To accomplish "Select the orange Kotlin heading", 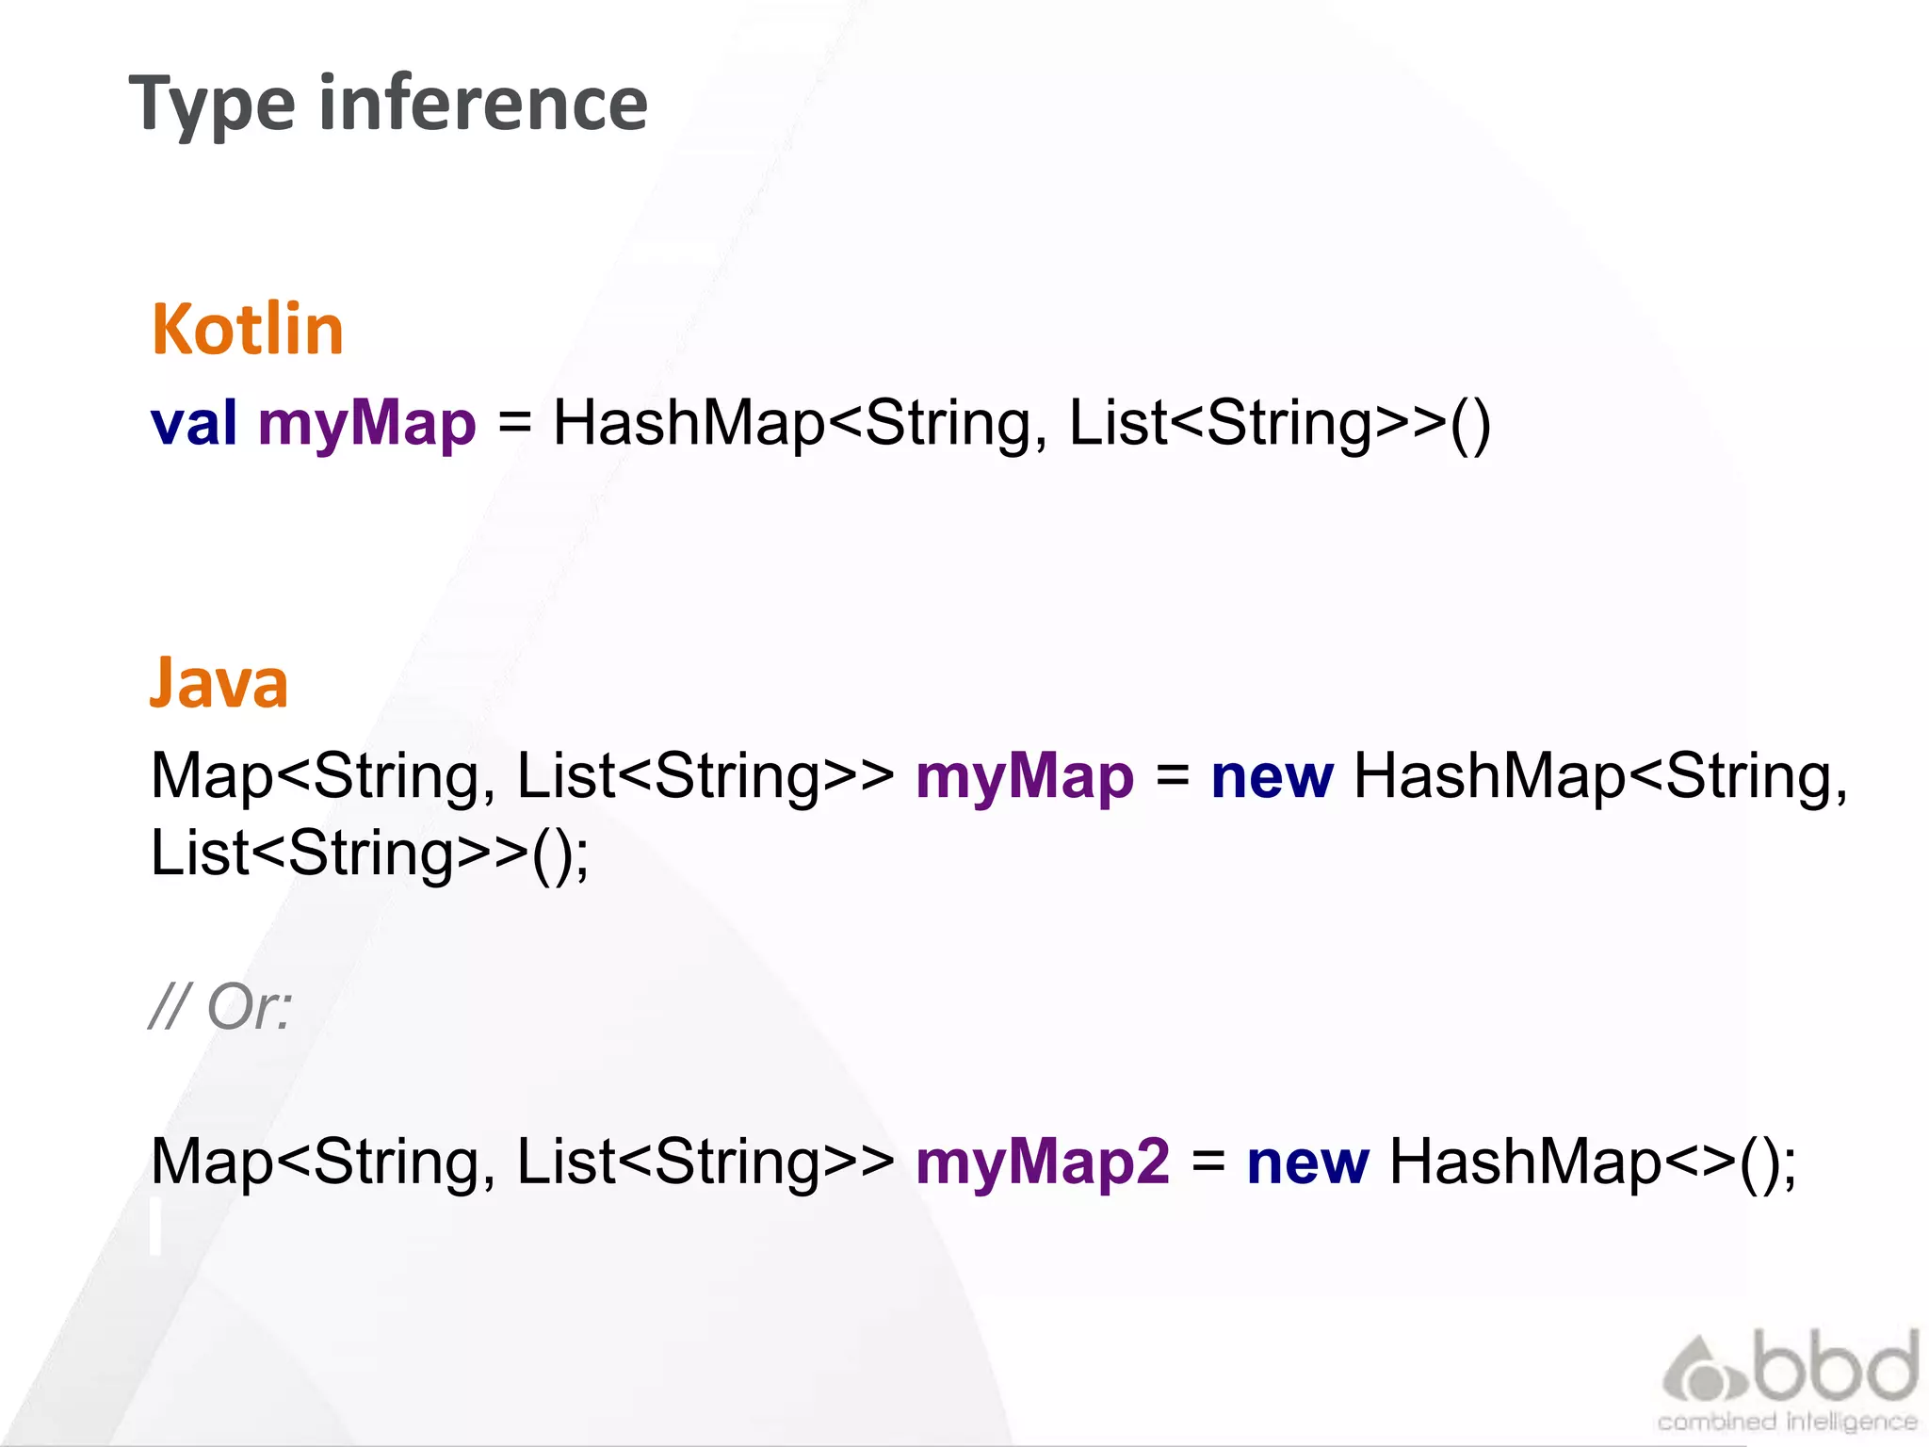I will tap(248, 330).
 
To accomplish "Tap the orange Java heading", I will tap(219, 683).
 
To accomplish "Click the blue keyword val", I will tap(194, 423).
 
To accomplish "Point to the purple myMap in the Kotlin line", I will tap(367, 423).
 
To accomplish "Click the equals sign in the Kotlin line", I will tap(514, 423).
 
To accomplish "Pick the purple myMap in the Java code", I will tap(1025, 777).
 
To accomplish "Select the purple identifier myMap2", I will tap(1043, 1162).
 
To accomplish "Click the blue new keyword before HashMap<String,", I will tap(1272, 777).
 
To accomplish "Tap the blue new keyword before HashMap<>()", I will tap(1307, 1162).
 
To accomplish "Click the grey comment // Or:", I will tap(221, 1006).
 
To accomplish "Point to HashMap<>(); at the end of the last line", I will tap(1593, 1162).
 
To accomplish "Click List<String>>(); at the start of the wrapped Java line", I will tap(370, 854).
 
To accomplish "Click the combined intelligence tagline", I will tap(1787, 1422).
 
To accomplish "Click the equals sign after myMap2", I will tap(1208, 1162).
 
